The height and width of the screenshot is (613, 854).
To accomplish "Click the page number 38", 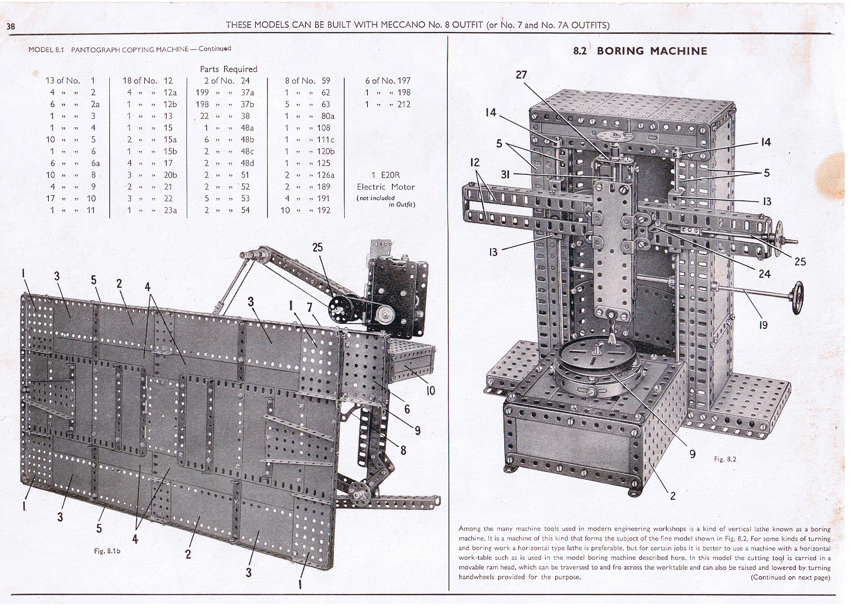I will pos(11,26).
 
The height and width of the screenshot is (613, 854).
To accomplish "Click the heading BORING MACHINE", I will pos(652,51).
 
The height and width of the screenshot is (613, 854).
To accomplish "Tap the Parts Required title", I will pos(228,69).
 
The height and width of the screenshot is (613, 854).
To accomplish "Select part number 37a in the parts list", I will pos(247,92).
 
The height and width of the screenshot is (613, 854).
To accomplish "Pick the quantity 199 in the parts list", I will pos(202,92).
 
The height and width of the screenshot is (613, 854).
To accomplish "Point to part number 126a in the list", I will pos(326,175).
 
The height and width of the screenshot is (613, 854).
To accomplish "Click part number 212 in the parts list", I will pos(404,104).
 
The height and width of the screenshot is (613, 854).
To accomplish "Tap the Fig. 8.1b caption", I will pos(107,551).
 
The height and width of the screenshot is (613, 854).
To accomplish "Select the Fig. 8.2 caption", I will pos(725,459).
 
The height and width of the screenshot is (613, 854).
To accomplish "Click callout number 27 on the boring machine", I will pos(521,74).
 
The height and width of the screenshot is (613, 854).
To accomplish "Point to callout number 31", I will pos(505,174).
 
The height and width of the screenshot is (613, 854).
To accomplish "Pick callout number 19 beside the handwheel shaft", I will pos(763,325).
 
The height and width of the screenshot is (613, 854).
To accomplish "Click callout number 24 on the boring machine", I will pos(764,274).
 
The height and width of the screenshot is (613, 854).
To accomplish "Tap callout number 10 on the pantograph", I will pos(430,390).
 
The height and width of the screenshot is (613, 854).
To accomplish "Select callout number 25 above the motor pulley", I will pos(317,247).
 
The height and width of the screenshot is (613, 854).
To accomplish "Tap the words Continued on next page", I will pos(790,577).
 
